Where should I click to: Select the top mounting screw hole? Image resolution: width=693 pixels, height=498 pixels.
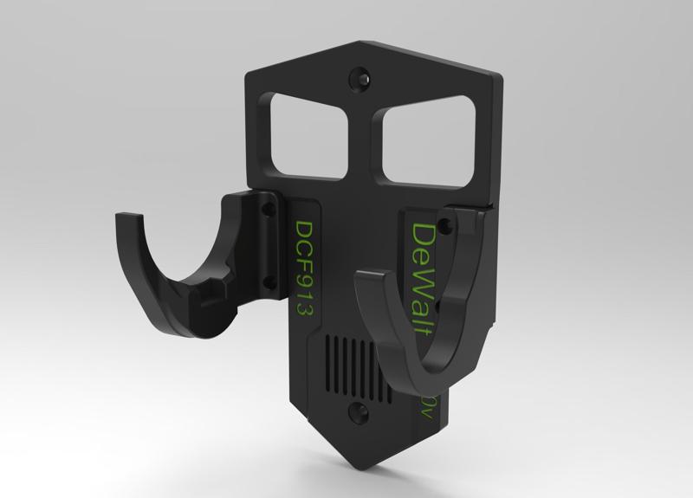(359, 78)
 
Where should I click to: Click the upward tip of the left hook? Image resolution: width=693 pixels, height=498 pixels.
(119, 218)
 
